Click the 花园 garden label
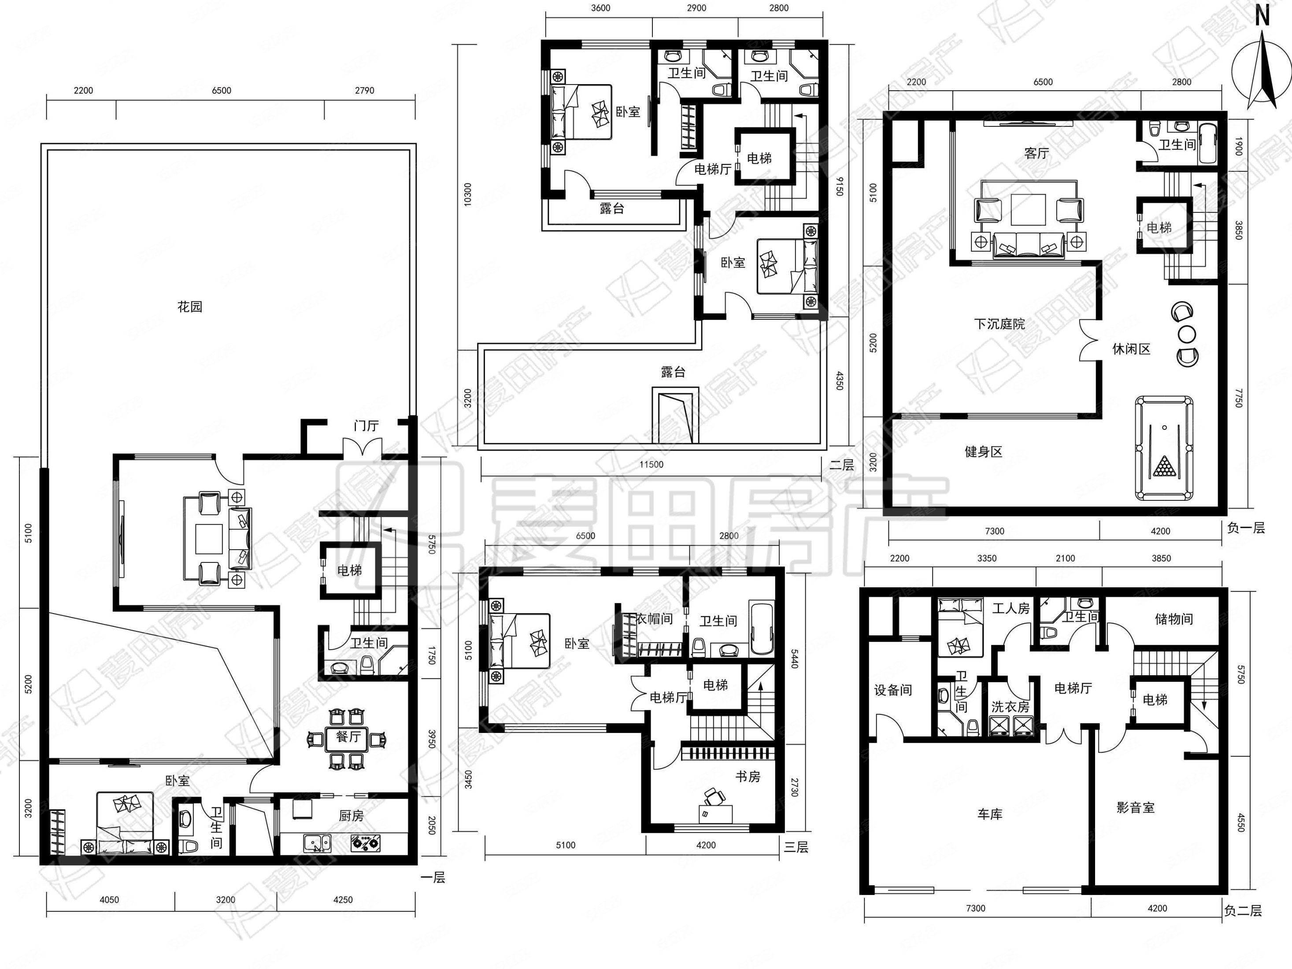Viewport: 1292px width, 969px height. pos(190,307)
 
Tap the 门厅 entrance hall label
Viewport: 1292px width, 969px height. pos(366,426)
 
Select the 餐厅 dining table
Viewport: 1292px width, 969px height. pos(348,737)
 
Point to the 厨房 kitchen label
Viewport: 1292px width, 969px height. pos(351,816)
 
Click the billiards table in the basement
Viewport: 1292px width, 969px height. pos(1164,448)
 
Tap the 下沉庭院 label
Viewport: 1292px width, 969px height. pos(1000,324)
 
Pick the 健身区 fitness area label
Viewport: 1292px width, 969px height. pos(984,451)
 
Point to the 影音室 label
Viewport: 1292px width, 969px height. pos(1136,808)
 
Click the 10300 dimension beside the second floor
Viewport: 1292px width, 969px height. pos(467,195)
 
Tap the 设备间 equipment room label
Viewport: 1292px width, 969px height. pos(892,690)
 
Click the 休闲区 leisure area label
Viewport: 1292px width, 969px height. pos(1131,349)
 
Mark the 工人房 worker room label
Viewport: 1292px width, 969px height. pos(1011,609)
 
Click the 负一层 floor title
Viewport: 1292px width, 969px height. pos(1246,528)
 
